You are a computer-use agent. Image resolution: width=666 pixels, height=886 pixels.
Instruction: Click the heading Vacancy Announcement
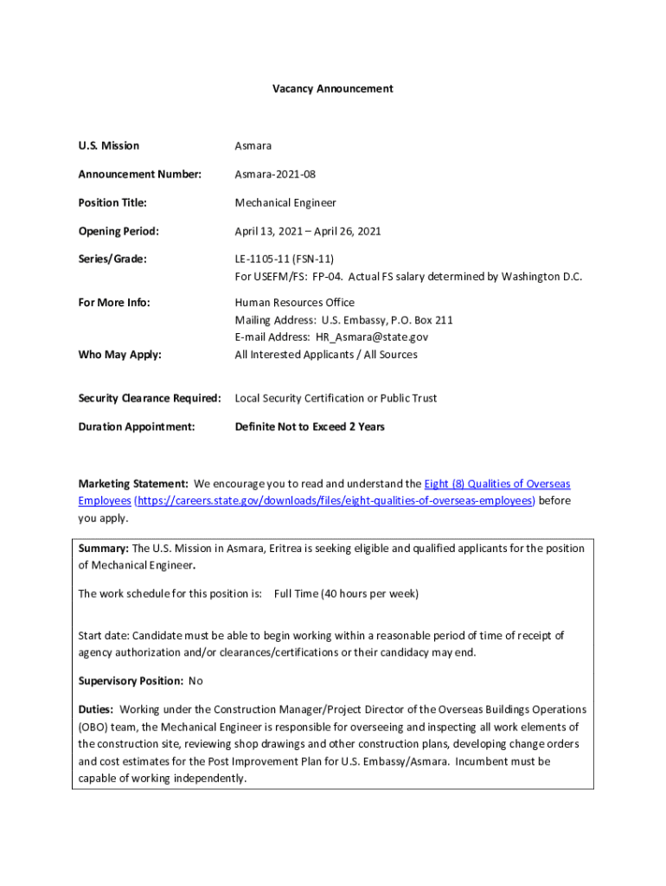333,88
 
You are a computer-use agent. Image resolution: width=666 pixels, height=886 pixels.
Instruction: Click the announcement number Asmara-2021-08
275,174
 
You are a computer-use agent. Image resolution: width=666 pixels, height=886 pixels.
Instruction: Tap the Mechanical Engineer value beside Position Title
285,202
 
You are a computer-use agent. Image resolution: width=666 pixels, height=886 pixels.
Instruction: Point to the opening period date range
308,231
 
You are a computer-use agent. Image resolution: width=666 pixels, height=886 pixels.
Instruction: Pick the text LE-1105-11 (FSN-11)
285,259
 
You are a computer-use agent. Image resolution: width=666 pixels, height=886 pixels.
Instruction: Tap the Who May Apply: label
120,354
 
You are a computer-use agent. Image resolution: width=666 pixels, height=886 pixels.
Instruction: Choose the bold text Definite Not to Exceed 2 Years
310,427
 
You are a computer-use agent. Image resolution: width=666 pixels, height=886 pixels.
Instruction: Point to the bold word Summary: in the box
103,549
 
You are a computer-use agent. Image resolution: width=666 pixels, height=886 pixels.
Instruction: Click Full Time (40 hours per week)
346,594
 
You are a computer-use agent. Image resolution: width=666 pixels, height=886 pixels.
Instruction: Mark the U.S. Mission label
109,145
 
